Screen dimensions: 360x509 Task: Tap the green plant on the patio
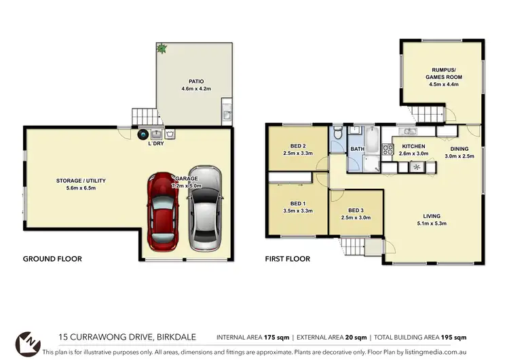coord(162,48)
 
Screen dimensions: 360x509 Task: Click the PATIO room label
coord(192,81)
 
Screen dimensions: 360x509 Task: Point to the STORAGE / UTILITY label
coord(81,181)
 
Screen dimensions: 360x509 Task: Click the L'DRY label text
coord(156,143)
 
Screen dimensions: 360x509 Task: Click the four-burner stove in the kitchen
coord(389,149)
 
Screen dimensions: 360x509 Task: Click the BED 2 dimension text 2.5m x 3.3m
coord(297,154)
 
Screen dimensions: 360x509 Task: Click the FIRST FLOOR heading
coord(288,259)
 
